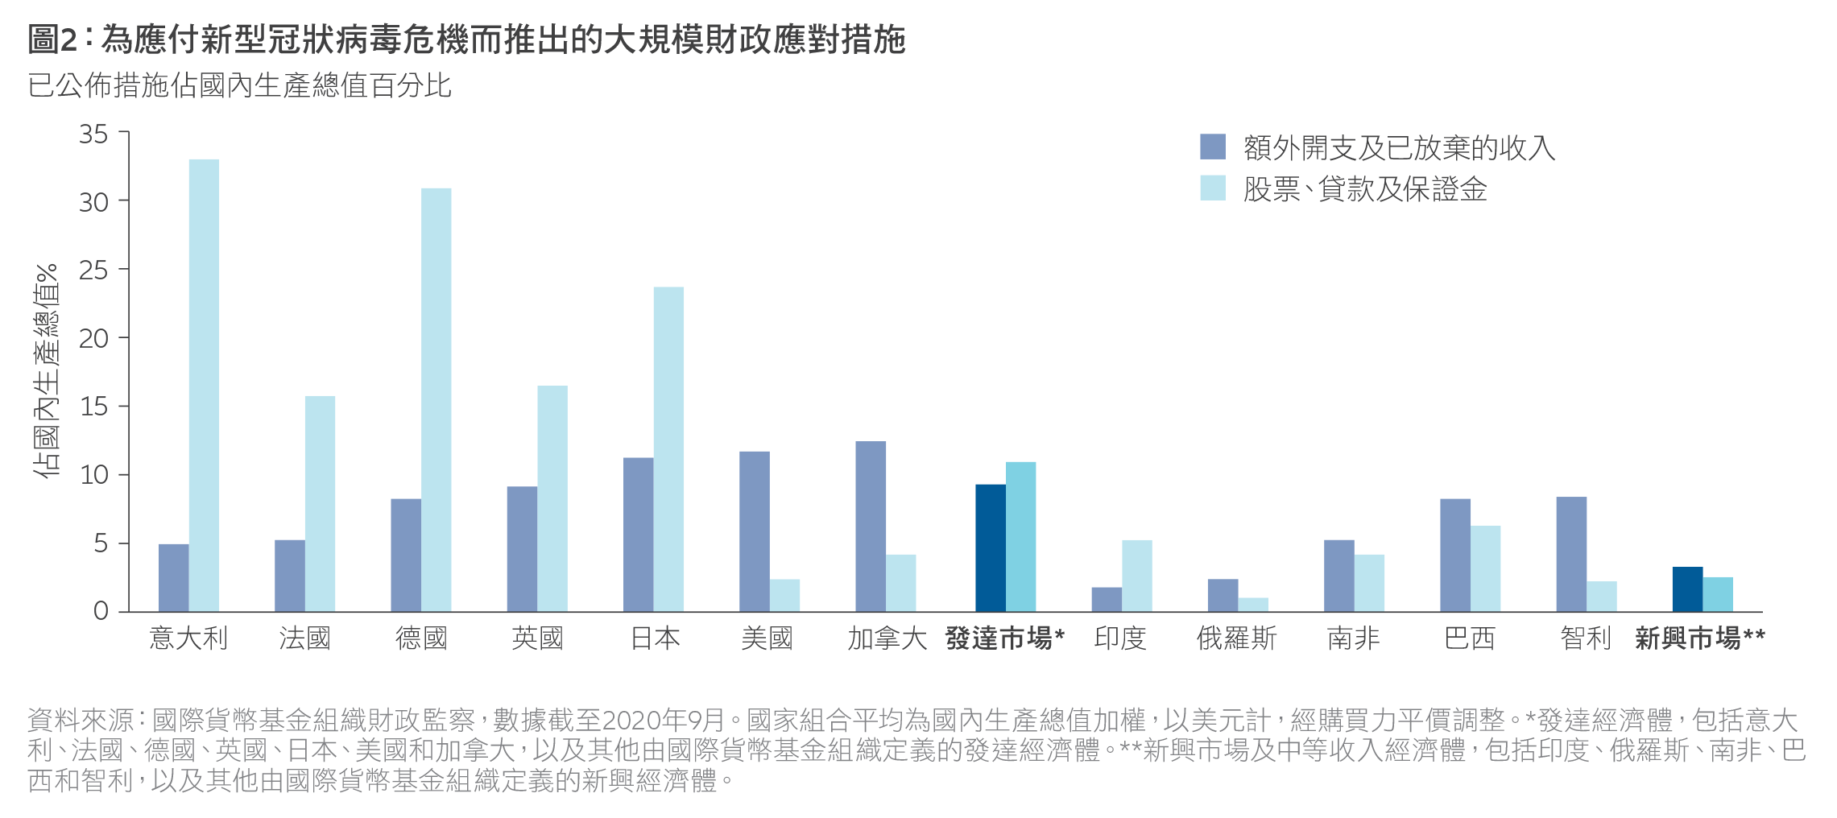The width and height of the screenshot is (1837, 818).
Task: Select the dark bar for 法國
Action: tap(290, 576)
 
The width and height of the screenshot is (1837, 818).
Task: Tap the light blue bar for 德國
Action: tap(436, 399)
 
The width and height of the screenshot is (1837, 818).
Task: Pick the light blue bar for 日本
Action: tap(668, 449)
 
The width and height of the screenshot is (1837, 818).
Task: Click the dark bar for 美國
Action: tap(755, 531)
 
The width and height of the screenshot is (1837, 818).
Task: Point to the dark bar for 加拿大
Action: tap(871, 527)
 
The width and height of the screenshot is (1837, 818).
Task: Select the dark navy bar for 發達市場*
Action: tap(991, 547)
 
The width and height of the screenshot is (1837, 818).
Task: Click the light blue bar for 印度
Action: tap(1137, 576)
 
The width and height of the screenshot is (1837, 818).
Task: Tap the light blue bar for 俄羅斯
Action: tap(1253, 605)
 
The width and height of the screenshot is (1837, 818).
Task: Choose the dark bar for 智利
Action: tap(1571, 554)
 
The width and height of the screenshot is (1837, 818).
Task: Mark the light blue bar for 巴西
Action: tap(1486, 568)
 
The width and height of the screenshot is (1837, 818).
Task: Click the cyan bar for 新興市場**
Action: tap(1718, 594)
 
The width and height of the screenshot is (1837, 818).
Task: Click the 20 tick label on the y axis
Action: tap(93, 338)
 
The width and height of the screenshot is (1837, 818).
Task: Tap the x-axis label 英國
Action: tap(537, 638)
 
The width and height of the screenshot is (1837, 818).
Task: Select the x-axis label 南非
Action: tap(1354, 638)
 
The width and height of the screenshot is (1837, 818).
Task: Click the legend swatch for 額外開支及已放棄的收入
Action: tap(1213, 147)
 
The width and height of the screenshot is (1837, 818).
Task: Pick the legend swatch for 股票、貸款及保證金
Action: tap(1213, 188)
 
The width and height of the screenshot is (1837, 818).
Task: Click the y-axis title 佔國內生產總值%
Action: tap(47, 370)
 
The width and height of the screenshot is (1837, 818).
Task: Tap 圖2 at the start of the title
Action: tap(53, 39)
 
